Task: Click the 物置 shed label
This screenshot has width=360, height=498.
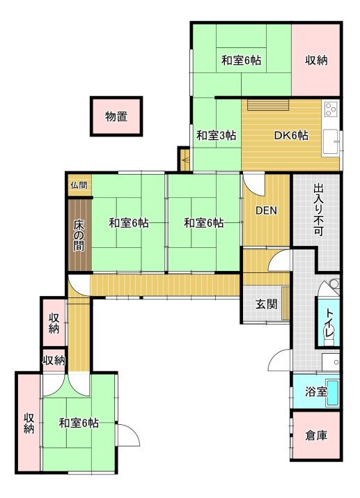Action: (x=116, y=116)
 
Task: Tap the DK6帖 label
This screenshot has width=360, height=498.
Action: (x=291, y=136)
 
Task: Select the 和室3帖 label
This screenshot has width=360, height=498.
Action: (x=216, y=136)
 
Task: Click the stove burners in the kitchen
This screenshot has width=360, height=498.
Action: (x=331, y=109)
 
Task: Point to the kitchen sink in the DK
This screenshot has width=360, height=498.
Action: (x=331, y=142)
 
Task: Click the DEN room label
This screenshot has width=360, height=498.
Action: (x=266, y=210)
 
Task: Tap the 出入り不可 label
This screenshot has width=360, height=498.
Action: (x=318, y=210)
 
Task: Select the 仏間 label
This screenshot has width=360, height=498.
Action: (x=79, y=185)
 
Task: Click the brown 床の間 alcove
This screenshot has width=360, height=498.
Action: (x=79, y=235)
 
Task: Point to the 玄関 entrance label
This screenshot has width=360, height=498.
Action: (x=267, y=304)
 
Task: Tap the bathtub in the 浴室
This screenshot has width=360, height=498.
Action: (x=333, y=393)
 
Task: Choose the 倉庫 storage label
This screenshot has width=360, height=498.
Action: (x=316, y=435)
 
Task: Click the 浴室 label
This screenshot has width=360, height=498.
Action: (x=316, y=391)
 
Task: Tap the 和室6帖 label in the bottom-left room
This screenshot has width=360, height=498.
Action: (x=79, y=423)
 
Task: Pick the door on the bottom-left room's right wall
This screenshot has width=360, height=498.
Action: (x=127, y=435)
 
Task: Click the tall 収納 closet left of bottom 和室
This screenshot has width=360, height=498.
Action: (x=29, y=423)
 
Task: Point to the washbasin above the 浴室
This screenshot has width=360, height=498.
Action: (x=331, y=361)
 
